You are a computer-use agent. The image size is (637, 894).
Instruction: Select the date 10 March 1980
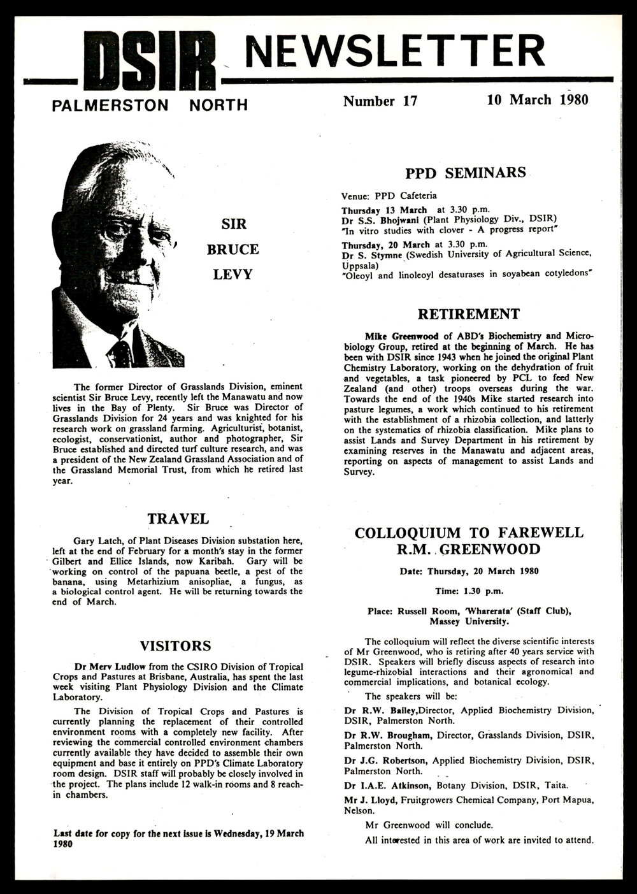[x=537, y=100]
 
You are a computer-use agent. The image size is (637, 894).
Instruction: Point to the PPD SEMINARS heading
[x=466, y=173]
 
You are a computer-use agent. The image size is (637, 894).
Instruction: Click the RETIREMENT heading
[x=468, y=314]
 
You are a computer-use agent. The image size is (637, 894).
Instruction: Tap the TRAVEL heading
[x=178, y=519]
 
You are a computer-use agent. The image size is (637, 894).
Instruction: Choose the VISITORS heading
[x=175, y=646]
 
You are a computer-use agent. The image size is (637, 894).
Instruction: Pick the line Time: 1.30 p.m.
[x=468, y=591]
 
